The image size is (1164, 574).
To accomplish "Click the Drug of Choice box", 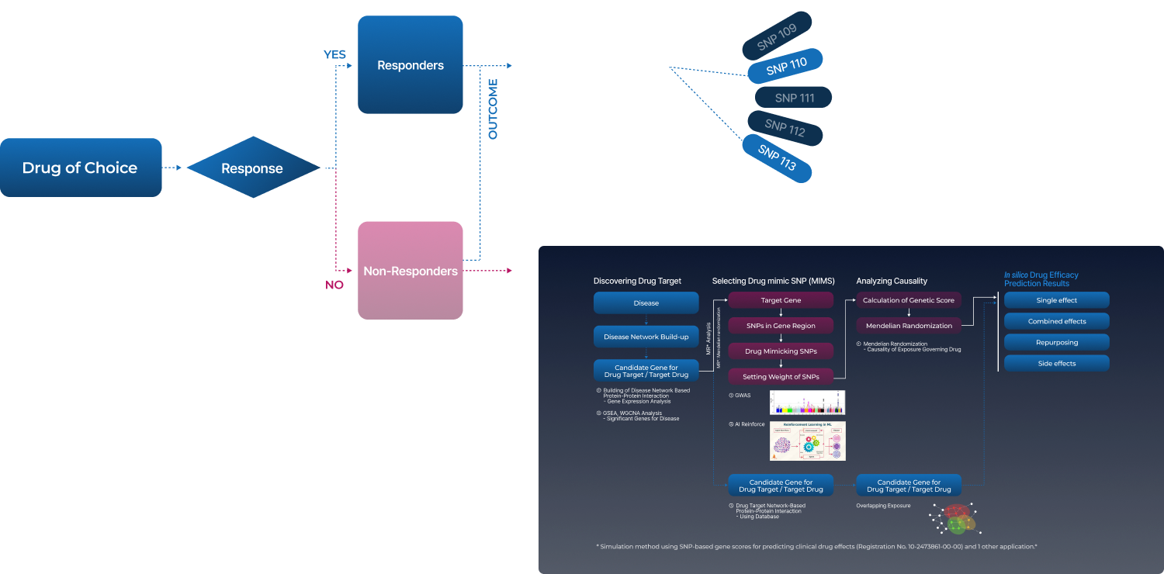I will click(81, 168).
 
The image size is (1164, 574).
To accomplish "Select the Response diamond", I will click(252, 168).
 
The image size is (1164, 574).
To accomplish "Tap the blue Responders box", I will click(411, 65).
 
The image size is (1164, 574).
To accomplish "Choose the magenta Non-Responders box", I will click(411, 271).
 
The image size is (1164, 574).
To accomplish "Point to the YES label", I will click(334, 54).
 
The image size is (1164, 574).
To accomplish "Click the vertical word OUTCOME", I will click(492, 109).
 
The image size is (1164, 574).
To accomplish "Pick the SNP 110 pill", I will click(785, 67).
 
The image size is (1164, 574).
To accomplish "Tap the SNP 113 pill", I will click(777, 158).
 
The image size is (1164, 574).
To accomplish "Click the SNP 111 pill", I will click(794, 98).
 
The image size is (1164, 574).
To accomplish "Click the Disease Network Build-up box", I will click(646, 337).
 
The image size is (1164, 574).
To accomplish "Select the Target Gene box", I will click(781, 299).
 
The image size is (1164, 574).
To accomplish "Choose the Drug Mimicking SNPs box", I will click(781, 351).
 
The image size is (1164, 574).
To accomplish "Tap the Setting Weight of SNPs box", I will click(781, 377).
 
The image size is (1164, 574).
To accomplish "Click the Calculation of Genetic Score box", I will click(909, 299).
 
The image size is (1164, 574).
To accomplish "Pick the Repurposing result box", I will click(1056, 342).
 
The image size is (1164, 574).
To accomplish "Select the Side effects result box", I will click(1056, 363).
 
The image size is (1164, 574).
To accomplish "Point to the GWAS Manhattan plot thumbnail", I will click(807, 403).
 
